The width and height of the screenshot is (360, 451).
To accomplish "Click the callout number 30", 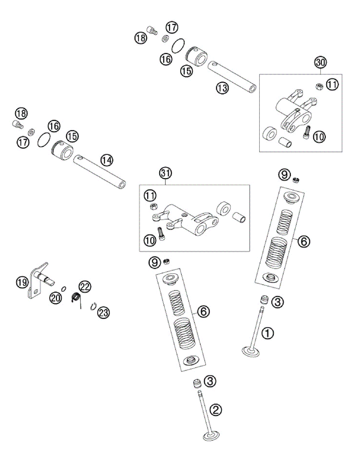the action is coord(320,62).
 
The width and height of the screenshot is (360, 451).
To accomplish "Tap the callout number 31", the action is coord(165,173).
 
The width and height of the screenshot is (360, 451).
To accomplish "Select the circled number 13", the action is coord(222,88).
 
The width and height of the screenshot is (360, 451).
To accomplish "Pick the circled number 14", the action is coord(107,160).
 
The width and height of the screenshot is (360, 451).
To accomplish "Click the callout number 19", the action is coord(22,282).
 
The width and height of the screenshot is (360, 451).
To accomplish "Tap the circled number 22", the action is coord(85,287).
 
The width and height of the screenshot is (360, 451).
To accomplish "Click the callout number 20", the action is coord(56,298).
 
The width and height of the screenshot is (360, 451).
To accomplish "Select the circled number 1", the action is coord(268,333).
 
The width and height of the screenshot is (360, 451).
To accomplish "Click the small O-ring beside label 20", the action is coord(64,289).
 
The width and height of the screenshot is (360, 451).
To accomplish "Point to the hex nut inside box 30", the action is coord(319,86).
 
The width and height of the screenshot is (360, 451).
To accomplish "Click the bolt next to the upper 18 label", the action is coord(152,30).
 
